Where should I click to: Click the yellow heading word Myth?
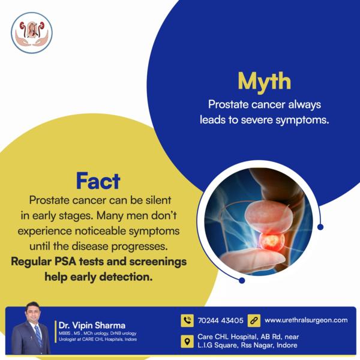pyautogui.click(x=264, y=82)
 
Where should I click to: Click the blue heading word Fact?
pyautogui.click(x=98, y=181)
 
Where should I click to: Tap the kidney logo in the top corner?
pyautogui.click(x=32, y=33)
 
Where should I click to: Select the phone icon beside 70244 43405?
pyautogui.click(x=187, y=320)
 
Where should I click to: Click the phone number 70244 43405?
pyautogui.click(x=220, y=320)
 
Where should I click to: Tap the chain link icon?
pyautogui.click(x=254, y=320)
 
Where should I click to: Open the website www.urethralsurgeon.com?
pyautogui.click(x=306, y=320)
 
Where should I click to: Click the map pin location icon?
pyautogui.click(x=187, y=341)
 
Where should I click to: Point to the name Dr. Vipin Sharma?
pyautogui.click(x=92, y=325)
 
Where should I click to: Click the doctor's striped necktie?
pyautogui.click(x=38, y=336)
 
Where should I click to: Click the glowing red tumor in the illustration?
pyautogui.click(x=271, y=241)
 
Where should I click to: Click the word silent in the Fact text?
pyautogui.click(x=158, y=200)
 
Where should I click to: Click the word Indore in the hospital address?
pyautogui.click(x=287, y=345)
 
